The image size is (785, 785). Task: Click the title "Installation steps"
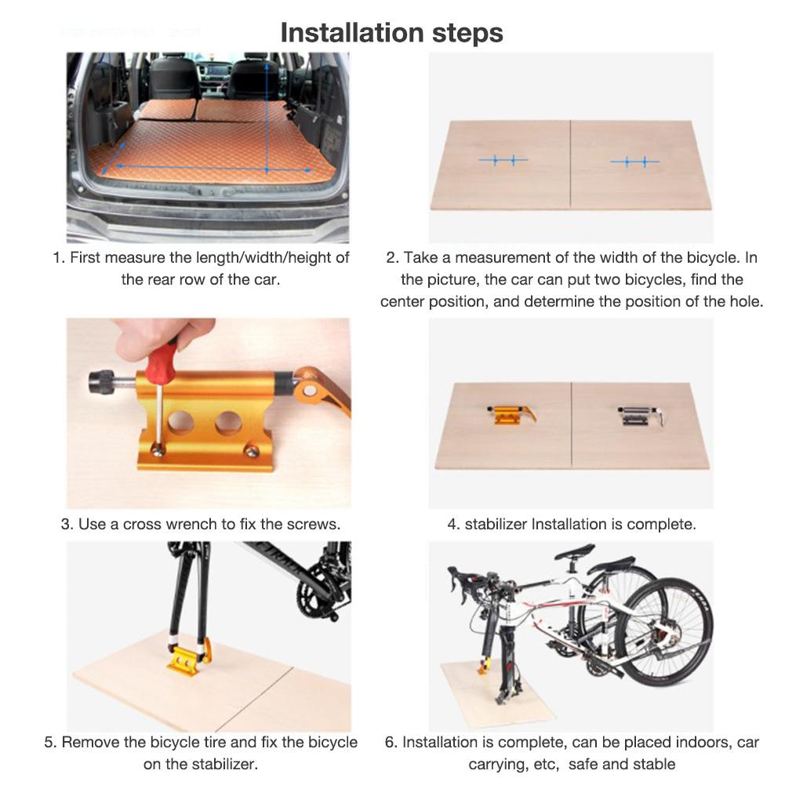click(x=391, y=32)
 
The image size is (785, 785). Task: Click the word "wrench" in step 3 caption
click(x=202, y=524)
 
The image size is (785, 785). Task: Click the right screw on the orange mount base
click(x=250, y=452)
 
